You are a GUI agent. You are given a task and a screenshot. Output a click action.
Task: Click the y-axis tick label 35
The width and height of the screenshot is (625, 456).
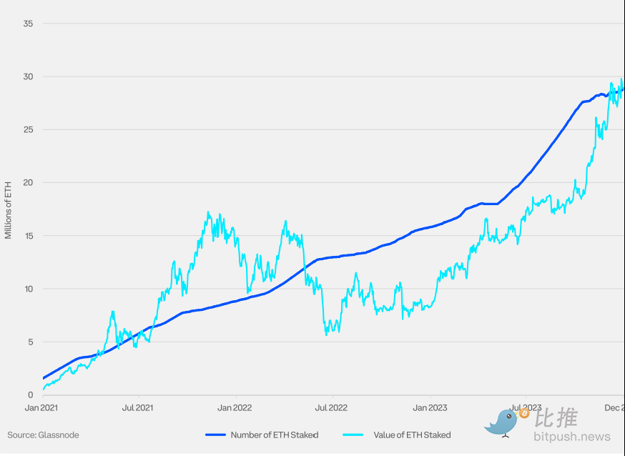[x=29, y=24]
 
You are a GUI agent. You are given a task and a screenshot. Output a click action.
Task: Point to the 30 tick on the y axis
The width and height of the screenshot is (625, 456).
[x=29, y=76]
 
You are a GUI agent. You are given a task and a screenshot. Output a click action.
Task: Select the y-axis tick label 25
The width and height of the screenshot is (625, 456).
[x=29, y=129]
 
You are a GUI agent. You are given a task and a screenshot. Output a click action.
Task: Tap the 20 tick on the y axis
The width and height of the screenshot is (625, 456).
[x=29, y=182]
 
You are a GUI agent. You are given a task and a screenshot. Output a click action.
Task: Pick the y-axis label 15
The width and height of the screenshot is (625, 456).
[x=29, y=236]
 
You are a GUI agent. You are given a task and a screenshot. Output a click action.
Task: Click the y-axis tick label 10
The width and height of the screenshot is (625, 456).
[x=29, y=289]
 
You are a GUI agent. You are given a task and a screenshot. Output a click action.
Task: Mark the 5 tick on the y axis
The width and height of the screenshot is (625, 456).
[x=31, y=342]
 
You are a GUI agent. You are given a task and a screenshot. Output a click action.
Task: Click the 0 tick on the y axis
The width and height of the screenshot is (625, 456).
[x=31, y=395]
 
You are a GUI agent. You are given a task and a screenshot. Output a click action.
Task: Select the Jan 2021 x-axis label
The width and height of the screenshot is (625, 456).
[x=41, y=408]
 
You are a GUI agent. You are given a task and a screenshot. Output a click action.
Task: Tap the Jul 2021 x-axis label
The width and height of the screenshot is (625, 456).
[x=137, y=408]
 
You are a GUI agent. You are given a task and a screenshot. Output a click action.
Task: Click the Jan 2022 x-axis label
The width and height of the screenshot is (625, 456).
[x=235, y=408]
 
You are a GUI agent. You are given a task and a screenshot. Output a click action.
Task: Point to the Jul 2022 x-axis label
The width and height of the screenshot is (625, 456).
[x=331, y=408]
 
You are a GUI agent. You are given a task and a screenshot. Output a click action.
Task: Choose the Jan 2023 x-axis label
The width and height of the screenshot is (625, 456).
[x=430, y=408]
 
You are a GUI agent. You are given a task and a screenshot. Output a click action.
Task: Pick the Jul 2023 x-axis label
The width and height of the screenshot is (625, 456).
[x=526, y=408]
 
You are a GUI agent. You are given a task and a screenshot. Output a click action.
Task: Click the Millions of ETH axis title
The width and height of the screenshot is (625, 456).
[x=9, y=209]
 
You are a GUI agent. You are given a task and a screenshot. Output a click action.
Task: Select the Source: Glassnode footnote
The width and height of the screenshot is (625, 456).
[x=43, y=435]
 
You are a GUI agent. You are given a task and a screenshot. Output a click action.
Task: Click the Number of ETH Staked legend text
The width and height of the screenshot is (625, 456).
[x=274, y=435]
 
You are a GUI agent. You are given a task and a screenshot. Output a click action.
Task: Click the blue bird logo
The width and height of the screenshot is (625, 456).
[x=503, y=422]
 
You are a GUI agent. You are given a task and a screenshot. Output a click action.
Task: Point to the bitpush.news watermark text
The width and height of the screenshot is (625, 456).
[x=572, y=437]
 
